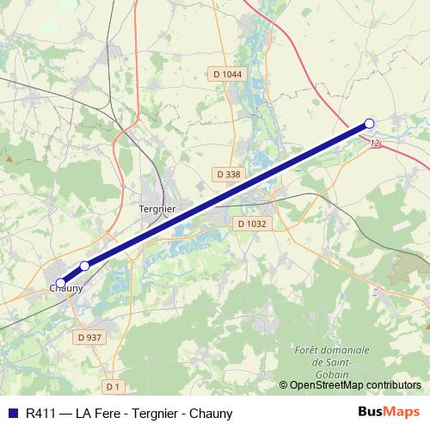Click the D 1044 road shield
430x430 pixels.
click(228, 74)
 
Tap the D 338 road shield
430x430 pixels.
click(229, 174)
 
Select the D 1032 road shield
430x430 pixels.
click(251, 224)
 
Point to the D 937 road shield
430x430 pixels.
click(90, 336)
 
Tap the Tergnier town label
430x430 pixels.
click(157, 209)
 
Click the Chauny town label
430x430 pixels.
click(65, 289)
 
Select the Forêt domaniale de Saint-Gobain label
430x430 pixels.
click(331, 360)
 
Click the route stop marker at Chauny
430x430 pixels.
click(60, 283)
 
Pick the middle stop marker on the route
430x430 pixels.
click(84, 266)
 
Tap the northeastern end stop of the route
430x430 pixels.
click(370, 123)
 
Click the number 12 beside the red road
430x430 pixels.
click(375, 144)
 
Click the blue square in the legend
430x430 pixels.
click(12, 413)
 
